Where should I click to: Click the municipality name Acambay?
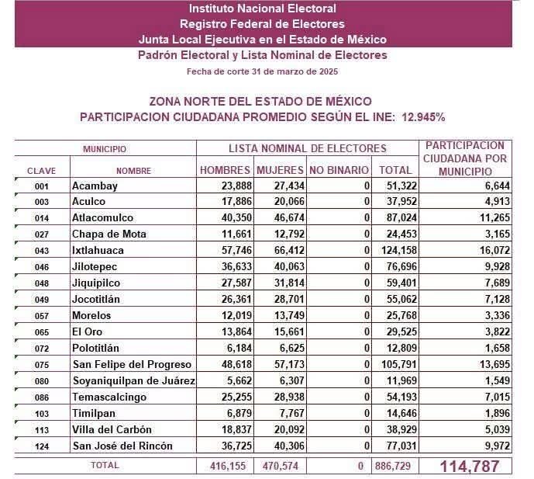95,186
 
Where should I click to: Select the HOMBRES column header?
225,170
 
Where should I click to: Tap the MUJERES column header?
280,170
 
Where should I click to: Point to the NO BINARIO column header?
339,170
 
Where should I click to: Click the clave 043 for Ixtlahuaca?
42,251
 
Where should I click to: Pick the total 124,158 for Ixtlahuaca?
399,250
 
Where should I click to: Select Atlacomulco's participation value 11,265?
494,217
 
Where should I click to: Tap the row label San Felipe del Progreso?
132,364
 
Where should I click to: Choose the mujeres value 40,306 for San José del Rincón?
289,446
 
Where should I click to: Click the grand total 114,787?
470,467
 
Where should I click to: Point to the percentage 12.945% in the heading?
423,117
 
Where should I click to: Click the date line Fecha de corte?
262,71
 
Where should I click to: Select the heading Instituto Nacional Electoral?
263,9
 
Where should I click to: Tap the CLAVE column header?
42,171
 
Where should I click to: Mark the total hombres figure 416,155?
228,466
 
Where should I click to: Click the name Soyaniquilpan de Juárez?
134,380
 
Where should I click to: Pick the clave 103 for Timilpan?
42,414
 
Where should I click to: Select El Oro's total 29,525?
401,331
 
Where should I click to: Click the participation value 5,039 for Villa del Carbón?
498,429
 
